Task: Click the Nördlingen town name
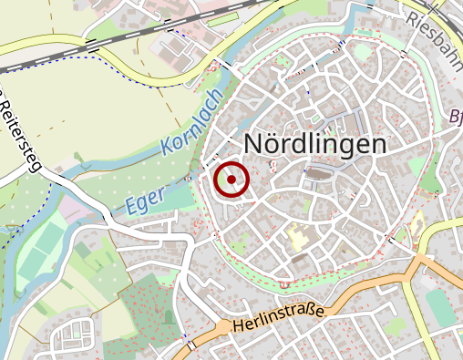[x=315, y=145]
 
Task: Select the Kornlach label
[x=192, y=122]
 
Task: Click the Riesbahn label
[x=437, y=31]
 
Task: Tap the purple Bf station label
[x=456, y=117]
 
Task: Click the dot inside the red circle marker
[x=232, y=180]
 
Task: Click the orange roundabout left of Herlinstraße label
[x=221, y=326]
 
